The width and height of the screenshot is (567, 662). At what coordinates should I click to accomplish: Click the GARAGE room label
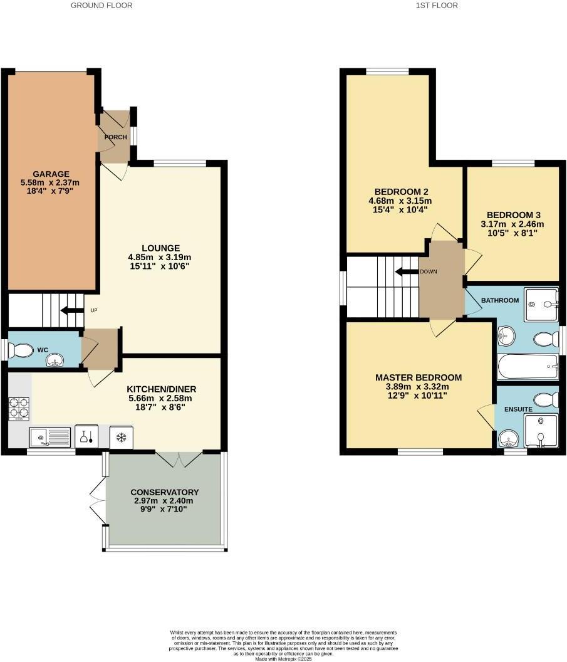click(x=52, y=174)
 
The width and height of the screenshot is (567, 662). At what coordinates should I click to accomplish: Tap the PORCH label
click(x=116, y=137)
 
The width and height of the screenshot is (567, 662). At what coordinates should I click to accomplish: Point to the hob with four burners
click(x=19, y=408)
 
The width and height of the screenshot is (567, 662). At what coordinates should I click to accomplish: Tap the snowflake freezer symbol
click(x=122, y=436)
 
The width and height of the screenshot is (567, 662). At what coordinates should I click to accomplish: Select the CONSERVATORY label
click(x=165, y=492)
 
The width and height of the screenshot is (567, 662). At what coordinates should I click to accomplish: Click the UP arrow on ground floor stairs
click(x=71, y=310)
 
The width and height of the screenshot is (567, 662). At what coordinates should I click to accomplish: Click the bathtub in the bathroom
click(x=527, y=364)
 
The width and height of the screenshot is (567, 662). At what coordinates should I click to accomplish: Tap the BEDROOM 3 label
click(x=512, y=214)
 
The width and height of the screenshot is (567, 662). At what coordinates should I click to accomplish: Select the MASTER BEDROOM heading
click(x=419, y=377)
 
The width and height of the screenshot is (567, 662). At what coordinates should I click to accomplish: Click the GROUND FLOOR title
click(x=101, y=5)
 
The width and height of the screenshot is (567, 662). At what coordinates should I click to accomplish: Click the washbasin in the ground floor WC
click(x=58, y=359)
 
